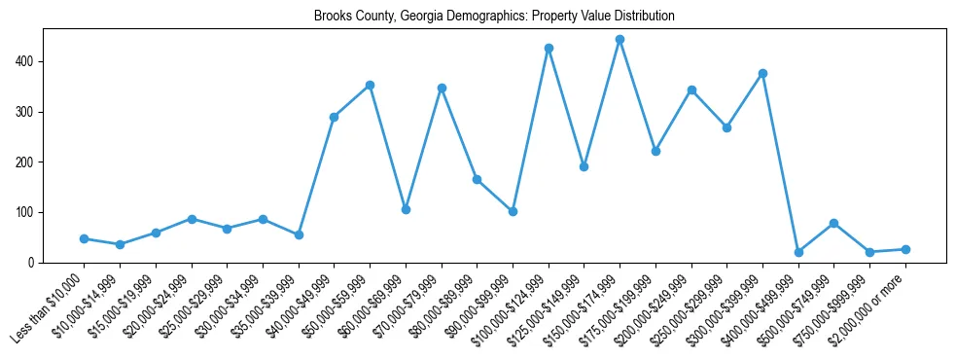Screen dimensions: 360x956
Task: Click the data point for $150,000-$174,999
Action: [x=620, y=40]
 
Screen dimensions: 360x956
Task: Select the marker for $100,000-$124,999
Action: [x=549, y=48]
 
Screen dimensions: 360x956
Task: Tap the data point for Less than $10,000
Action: [x=85, y=238]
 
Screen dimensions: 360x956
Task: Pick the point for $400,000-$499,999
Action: [x=798, y=252]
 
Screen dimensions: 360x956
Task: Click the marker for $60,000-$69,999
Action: [x=406, y=209]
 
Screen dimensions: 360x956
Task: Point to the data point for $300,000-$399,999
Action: [x=762, y=73]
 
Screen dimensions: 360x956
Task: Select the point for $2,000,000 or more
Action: [x=905, y=249]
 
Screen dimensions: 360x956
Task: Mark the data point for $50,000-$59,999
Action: [x=370, y=85]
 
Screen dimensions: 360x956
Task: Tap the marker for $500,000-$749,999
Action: [x=833, y=223]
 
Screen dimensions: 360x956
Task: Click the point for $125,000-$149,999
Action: [x=584, y=166]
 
